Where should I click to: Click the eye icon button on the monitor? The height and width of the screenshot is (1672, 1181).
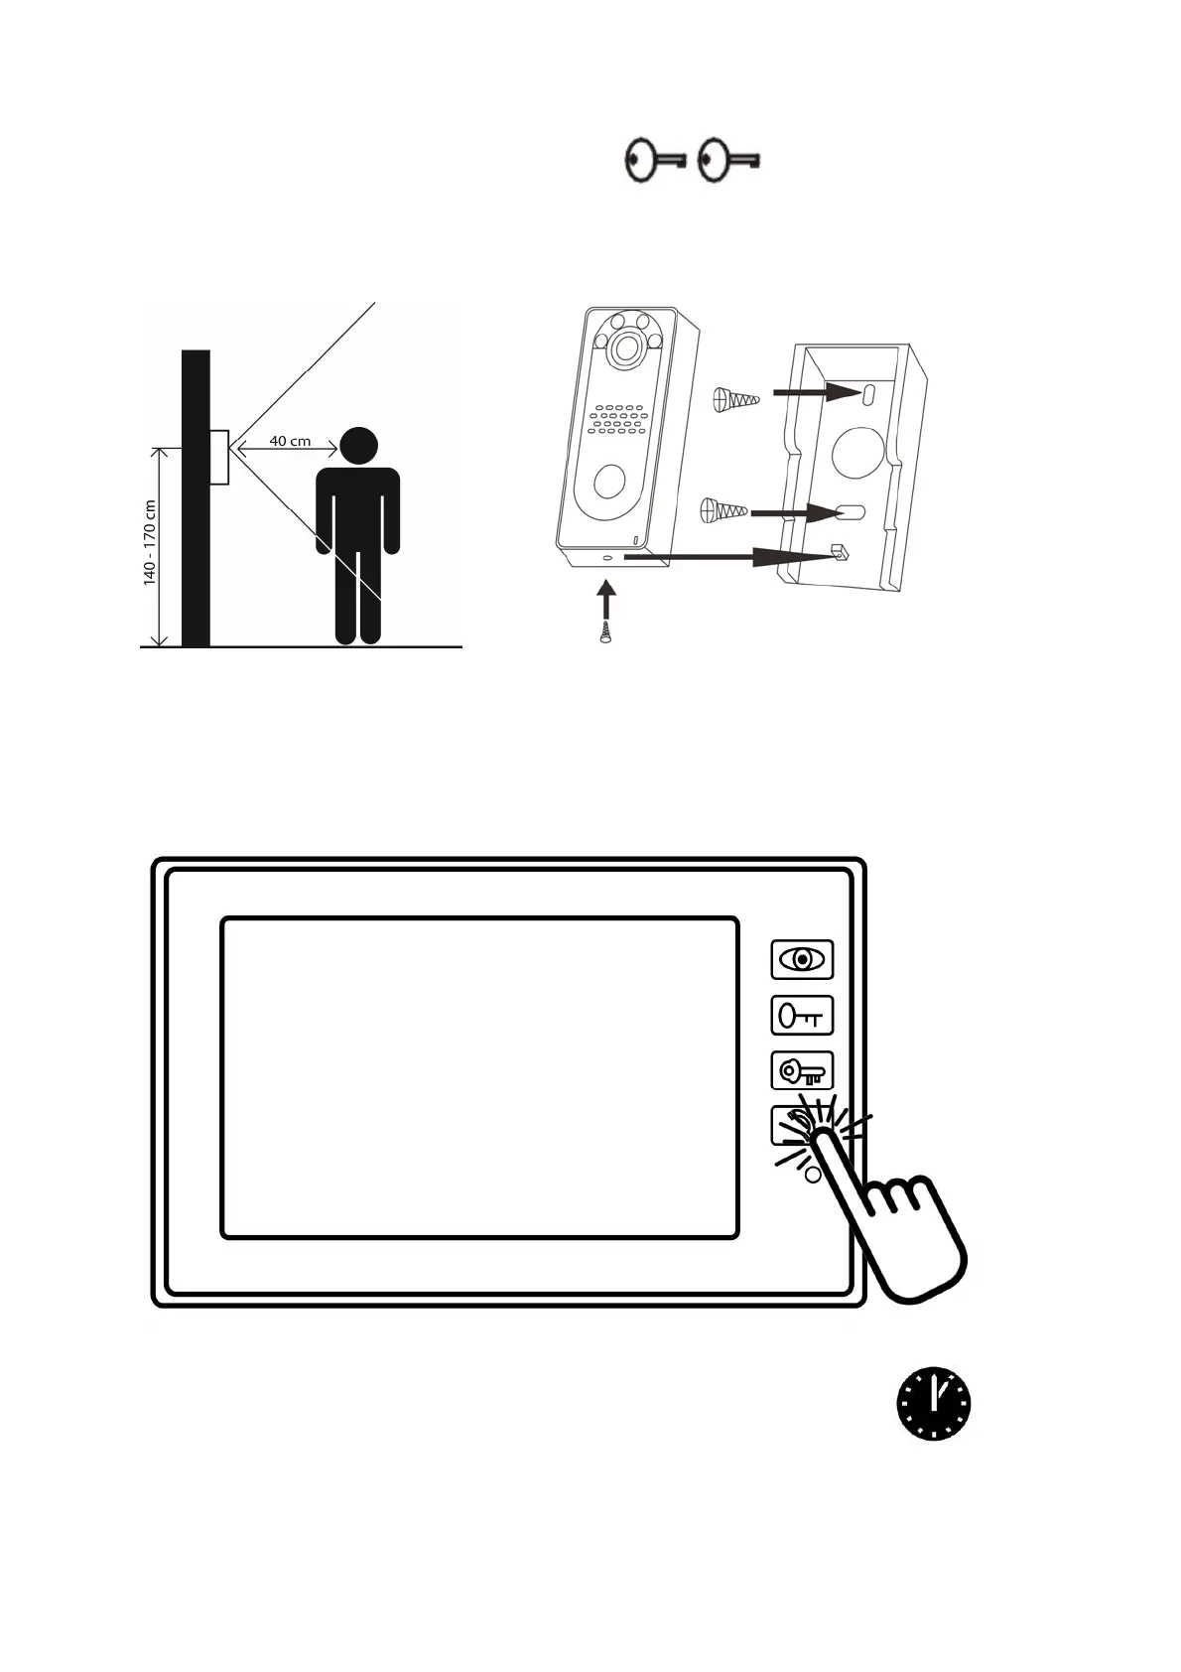[x=802, y=959]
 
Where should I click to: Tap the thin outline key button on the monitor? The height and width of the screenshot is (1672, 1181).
[x=802, y=1016]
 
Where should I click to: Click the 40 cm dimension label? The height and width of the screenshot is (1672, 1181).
[x=290, y=441]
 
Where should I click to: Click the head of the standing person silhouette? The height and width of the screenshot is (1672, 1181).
[x=358, y=446]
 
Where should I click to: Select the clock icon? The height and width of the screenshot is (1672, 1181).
[x=933, y=1404]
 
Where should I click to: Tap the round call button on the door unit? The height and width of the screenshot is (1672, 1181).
[x=608, y=482]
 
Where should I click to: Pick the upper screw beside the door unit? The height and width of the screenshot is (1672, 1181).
[x=735, y=400]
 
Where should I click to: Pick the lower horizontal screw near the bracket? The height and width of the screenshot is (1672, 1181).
[x=723, y=511]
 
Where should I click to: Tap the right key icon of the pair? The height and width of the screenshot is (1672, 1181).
[x=728, y=160]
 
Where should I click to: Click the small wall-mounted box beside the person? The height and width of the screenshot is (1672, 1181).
[x=218, y=457]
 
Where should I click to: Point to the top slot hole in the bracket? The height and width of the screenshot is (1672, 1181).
[x=868, y=393]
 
